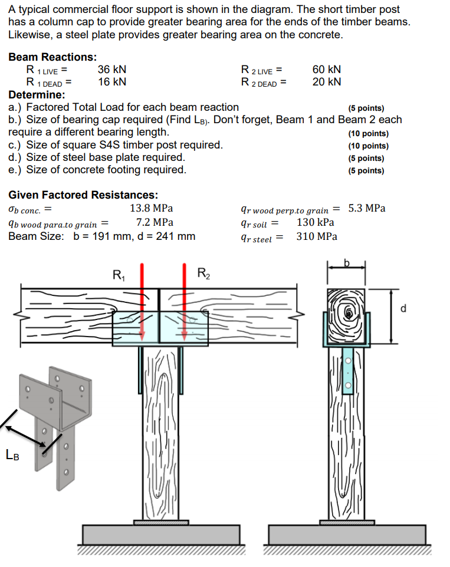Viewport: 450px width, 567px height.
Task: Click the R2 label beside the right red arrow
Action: [203, 273]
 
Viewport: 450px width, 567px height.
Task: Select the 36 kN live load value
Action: [111, 70]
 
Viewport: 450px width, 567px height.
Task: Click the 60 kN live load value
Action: [326, 70]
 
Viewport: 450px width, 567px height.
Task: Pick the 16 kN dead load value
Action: [111, 82]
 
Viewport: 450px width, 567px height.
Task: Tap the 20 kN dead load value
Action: [326, 82]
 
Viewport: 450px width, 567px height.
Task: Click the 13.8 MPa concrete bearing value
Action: [151, 208]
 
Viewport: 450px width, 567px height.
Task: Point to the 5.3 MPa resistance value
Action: [367, 208]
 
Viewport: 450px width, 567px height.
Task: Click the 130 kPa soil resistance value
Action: [315, 222]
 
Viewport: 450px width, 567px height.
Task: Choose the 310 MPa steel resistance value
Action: [317, 236]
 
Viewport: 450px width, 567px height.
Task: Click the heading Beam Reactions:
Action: [52, 57]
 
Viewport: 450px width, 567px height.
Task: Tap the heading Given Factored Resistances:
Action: [83, 195]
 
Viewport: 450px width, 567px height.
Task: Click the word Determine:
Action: [37, 94]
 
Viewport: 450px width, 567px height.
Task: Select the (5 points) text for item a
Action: [366, 108]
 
